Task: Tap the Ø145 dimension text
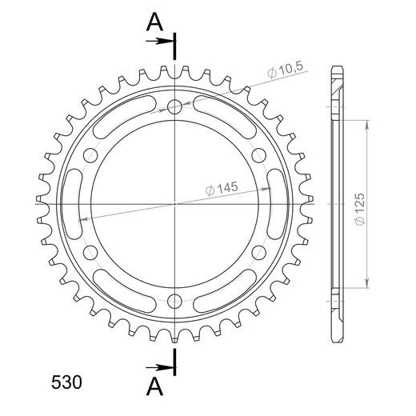(222, 189)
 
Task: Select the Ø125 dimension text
(360, 209)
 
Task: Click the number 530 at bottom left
(66, 382)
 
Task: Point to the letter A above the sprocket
(154, 22)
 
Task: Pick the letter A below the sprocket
(154, 387)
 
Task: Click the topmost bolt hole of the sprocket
(174, 107)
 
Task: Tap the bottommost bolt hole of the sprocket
(174, 301)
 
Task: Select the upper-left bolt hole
(90, 155)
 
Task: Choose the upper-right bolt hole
(259, 155)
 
